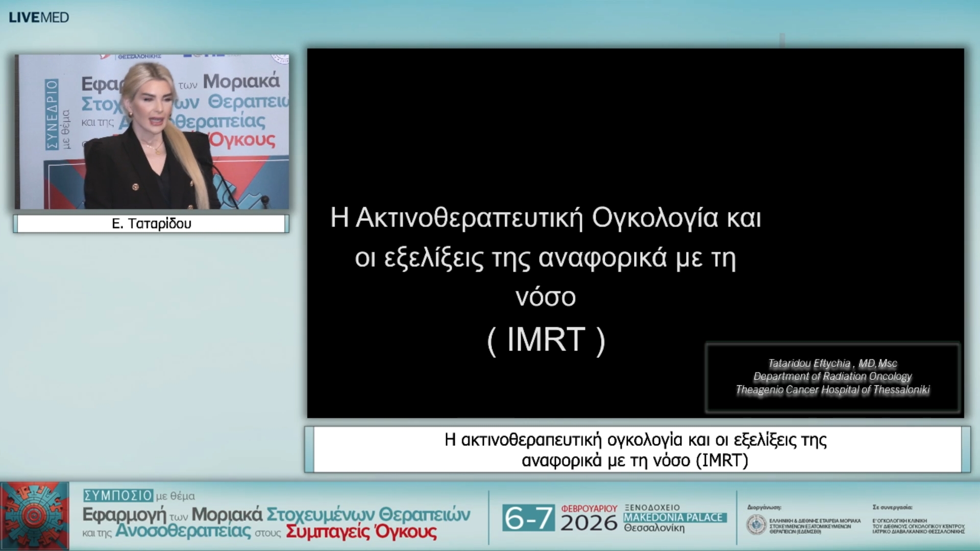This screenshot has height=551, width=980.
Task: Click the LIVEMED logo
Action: (x=39, y=17)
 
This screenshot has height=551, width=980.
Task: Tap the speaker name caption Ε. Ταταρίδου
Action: (x=152, y=223)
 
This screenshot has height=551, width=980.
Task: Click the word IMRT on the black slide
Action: (x=546, y=340)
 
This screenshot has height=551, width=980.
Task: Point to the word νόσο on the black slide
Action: (x=545, y=297)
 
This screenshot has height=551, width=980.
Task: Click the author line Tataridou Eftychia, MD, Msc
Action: (x=832, y=363)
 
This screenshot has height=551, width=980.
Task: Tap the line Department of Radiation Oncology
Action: (x=832, y=377)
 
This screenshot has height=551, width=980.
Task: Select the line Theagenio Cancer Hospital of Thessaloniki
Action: (x=832, y=390)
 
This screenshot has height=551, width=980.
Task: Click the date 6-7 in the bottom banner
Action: (x=528, y=518)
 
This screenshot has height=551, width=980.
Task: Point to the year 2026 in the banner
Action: (x=589, y=523)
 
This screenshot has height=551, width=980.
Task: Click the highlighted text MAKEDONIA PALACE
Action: (x=674, y=517)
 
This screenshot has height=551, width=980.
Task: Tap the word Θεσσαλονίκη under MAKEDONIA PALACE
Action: (x=654, y=528)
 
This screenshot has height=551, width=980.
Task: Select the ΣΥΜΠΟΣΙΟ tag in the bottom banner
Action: (x=118, y=495)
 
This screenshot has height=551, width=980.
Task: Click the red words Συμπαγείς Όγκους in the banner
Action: (x=361, y=532)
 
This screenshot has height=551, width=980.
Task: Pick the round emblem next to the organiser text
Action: (x=756, y=525)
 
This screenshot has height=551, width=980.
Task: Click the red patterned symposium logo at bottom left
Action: (x=35, y=516)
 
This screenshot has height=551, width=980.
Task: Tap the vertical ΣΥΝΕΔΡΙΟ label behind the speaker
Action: (x=52, y=114)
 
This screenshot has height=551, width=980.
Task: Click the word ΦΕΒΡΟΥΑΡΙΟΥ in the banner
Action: (x=589, y=508)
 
